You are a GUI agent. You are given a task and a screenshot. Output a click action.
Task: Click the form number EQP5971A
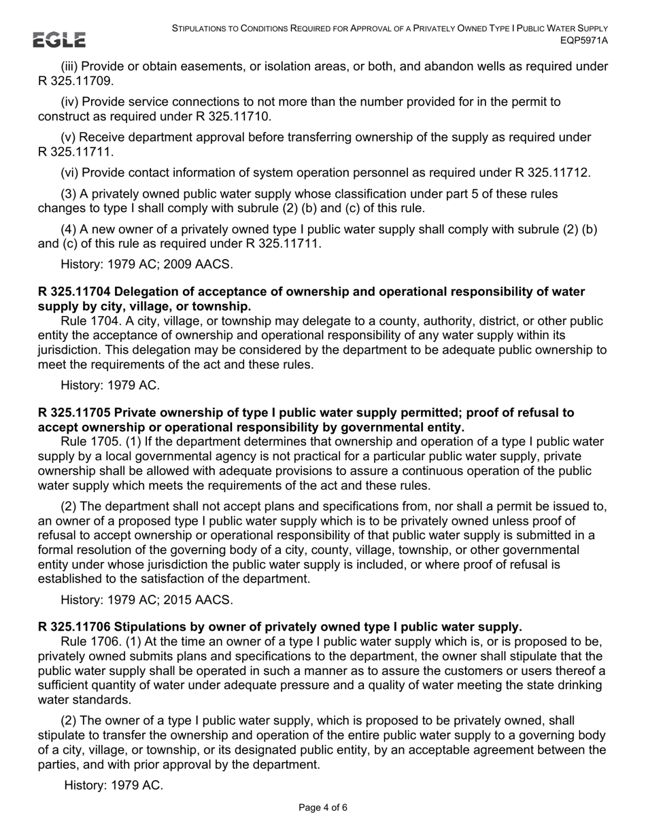pyautogui.click(x=584, y=41)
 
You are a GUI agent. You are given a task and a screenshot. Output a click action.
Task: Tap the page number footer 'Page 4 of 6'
pyautogui.click(x=323, y=808)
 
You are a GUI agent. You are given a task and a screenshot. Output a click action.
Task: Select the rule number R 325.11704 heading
pyautogui.click(x=75, y=292)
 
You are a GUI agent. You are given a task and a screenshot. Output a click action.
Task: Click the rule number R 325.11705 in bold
pyautogui.click(x=75, y=413)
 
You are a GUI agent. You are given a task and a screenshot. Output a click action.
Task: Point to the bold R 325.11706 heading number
pyautogui.click(x=75, y=626)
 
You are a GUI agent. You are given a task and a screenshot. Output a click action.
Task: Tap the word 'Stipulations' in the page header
pyautogui.click(x=203, y=29)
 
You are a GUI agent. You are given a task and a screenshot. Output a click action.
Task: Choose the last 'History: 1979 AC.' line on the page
pyautogui.click(x=114, y=785)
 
